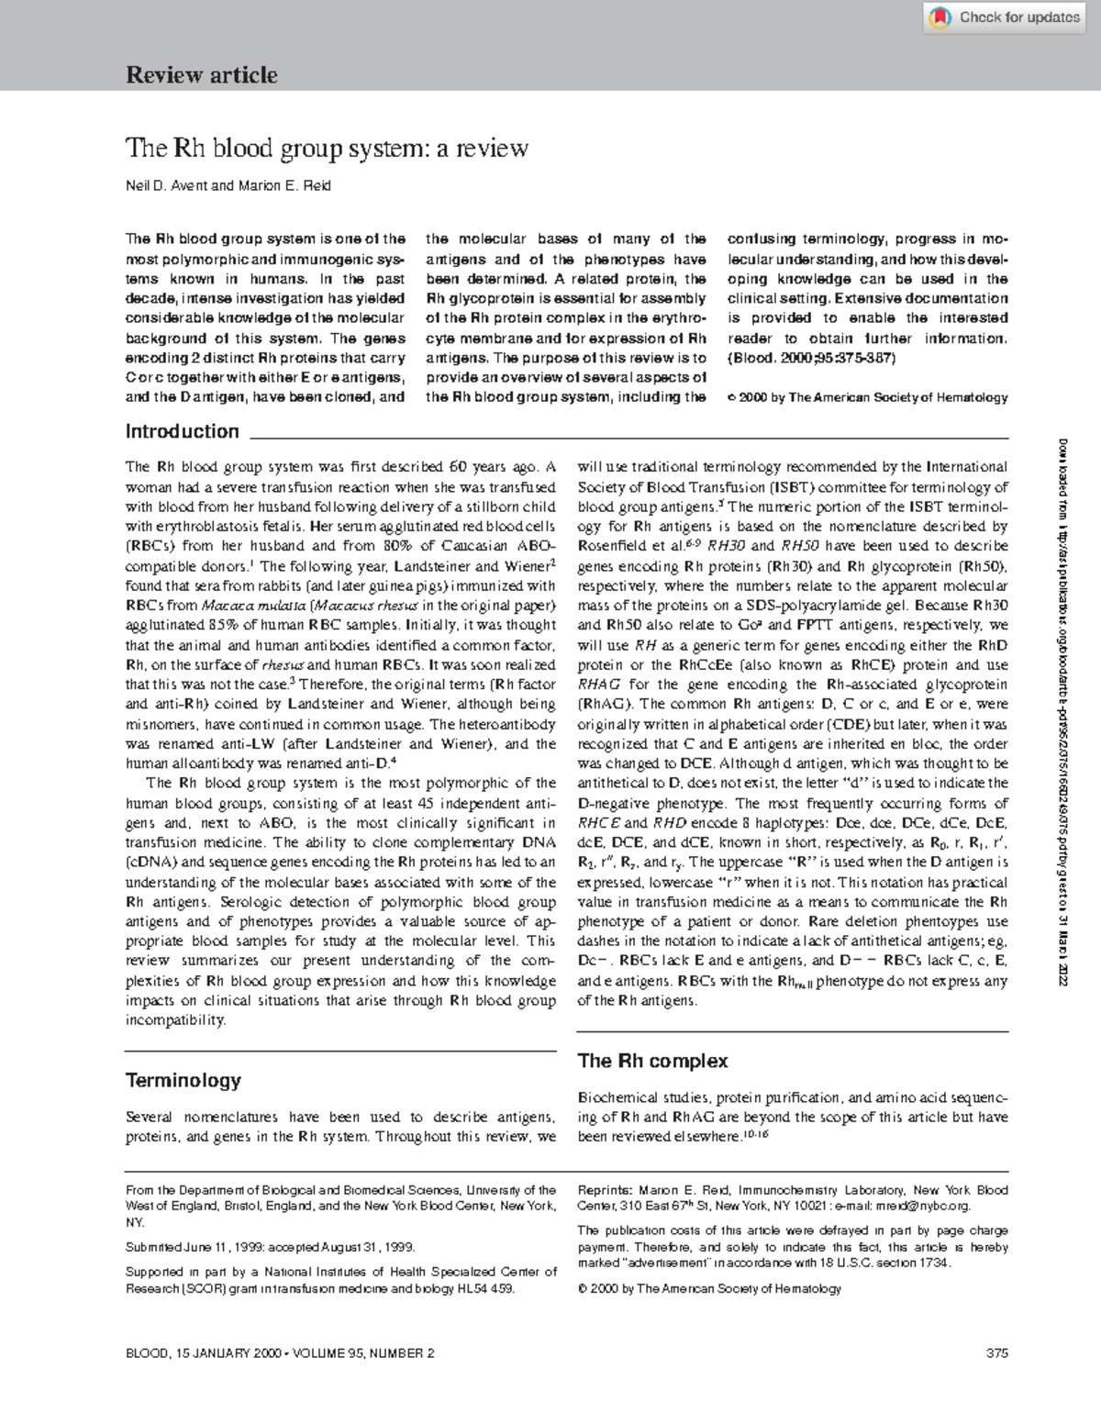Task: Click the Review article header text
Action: (x=202, y=75)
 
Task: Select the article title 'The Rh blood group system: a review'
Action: (x=327, y=148)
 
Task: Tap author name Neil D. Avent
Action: (x=166, y=186)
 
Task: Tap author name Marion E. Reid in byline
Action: (x=284, y=186)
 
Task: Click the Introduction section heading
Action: (x=182, y=431)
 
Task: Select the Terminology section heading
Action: (x=183, y=1080)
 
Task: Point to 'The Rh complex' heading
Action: (x=652, y=1061)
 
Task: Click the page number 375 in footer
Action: (x=996, y=1353)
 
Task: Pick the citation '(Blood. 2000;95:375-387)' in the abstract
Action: (x=811, y=358)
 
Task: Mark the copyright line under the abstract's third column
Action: (x=867, y=397)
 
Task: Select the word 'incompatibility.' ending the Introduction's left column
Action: (x=174, y=1020)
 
